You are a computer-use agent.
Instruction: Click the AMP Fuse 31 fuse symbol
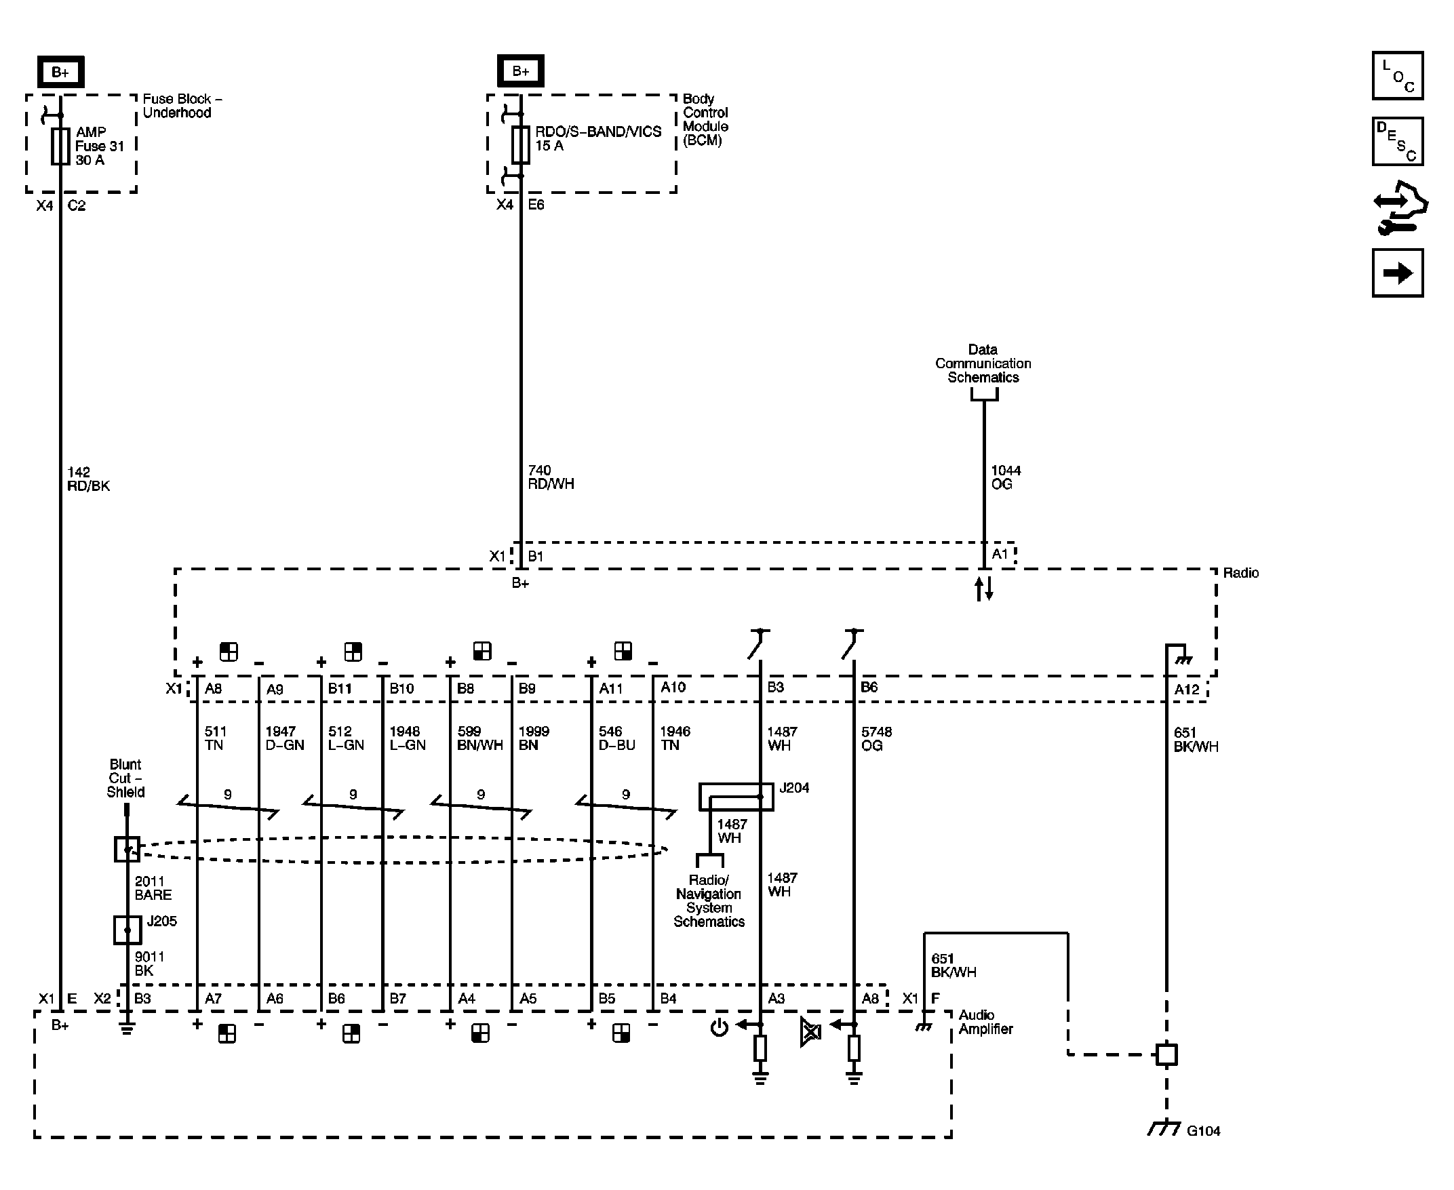point(60,146)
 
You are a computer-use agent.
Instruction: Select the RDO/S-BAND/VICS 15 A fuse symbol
point(521,144)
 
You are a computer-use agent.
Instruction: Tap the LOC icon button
point(1397,75)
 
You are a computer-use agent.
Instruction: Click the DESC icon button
point(1397,142)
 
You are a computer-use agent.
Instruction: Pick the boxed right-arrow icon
point(1397,273)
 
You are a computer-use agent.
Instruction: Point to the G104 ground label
point(1203,1131)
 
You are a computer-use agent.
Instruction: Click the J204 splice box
point(736,797)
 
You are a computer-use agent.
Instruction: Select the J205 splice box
point(127,930)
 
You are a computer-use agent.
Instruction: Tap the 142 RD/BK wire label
point(87,479)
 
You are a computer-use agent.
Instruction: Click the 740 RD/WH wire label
point(551,477)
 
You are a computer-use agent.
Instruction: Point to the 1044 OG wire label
point(1005,477)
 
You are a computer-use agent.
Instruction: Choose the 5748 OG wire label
point(876,738)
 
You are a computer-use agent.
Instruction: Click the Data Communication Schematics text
point(983,363)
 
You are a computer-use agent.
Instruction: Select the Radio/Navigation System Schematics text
point(708,900)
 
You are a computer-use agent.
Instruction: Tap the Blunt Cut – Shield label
point(125,778)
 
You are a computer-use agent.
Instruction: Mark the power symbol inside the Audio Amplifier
point(719,1027)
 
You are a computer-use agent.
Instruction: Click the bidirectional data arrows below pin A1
point(984,588)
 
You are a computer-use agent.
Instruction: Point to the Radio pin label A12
point(1187,690)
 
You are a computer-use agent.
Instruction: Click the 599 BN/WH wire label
point(479,738)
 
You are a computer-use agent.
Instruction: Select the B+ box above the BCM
point(520,71)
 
